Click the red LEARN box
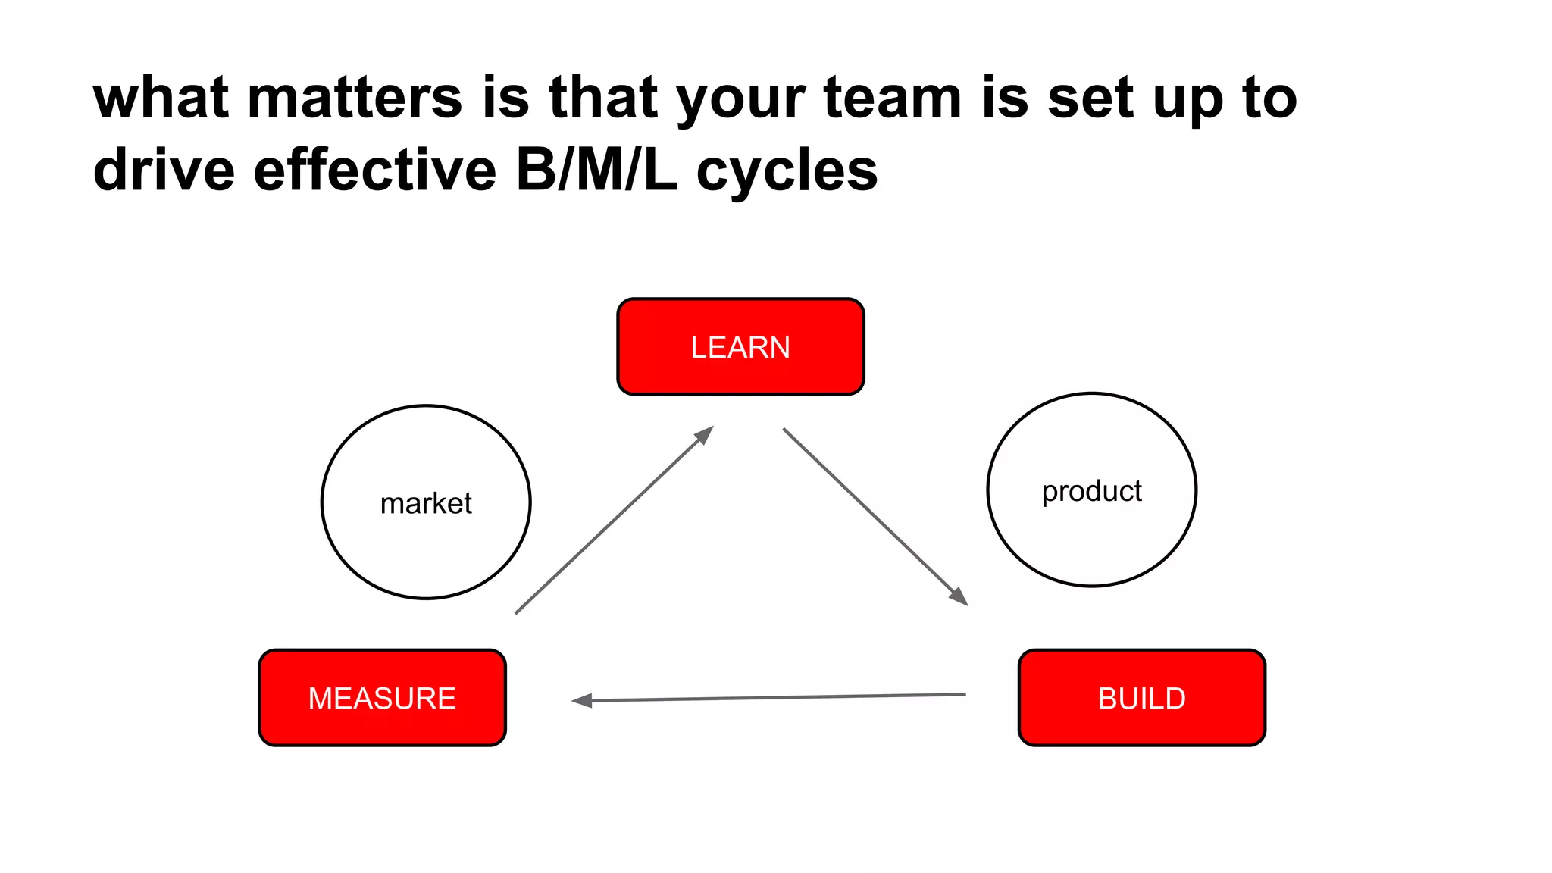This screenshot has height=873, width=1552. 740,346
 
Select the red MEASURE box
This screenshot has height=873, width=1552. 382,698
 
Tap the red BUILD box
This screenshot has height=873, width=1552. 1141,698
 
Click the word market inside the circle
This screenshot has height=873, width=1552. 426,503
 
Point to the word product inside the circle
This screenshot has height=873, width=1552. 1091,491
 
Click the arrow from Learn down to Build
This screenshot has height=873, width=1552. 871,513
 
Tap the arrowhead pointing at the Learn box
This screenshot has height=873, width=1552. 706,434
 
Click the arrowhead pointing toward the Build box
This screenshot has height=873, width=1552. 959,597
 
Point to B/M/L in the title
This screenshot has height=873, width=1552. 596,170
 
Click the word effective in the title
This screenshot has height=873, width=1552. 374,170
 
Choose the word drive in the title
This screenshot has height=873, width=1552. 164,170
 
